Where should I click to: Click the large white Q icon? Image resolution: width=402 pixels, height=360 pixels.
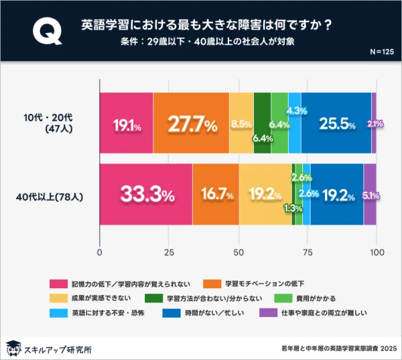coord(44,32)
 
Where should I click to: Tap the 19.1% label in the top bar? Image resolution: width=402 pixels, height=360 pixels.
coord(127,125)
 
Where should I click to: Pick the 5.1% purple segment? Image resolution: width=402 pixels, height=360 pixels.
coord(370,195)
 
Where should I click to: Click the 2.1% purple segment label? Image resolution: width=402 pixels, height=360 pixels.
coord(375,124)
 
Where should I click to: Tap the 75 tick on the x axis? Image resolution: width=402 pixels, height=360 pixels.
coord(307,252)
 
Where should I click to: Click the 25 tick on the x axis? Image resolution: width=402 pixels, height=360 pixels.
coord(169,252)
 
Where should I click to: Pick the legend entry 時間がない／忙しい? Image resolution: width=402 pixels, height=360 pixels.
coord(196,312)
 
